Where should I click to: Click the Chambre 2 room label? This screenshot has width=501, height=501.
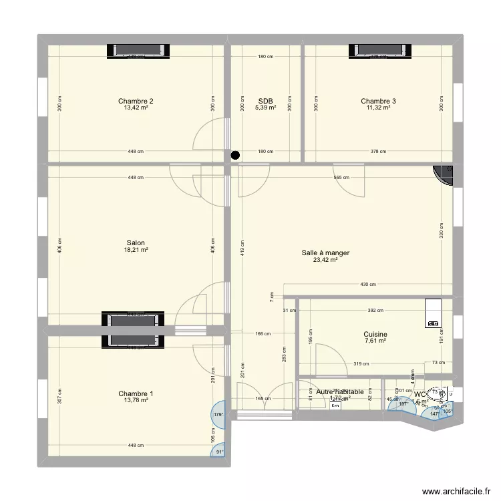pyautogui.click(x=136, y=102)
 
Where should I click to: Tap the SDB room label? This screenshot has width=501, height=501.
pyautogui.click(x=265, y=102)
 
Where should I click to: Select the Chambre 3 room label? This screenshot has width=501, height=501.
pyautogui.click(x=378, y=102)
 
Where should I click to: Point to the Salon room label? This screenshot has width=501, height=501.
pyautogui.click(x=136, y=243)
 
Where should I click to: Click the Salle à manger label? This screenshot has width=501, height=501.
pyautogui.click(x=325, y=253)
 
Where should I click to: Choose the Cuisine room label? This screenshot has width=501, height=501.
pyautogui.click(x=375, y=335)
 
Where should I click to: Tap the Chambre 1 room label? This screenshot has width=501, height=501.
pyautogui.click(x=136, y=393)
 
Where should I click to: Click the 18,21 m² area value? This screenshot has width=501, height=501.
pyautogui.click(x=136, y=251)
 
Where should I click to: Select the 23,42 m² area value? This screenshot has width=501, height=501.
pyautogui.click(x=325, y=261)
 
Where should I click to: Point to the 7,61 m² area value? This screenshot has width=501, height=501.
pyautogui.click(x=375, y=342)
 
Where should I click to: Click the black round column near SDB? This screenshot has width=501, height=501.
pyautogui.click(x=234, y=156)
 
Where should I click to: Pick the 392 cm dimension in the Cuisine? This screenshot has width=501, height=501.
pyautogui.click(x=375, y=310)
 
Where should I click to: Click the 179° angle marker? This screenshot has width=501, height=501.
pyautogui.click(x=217, y=415)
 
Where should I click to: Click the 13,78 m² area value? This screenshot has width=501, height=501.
pyautogui.click(x=136, y=401)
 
